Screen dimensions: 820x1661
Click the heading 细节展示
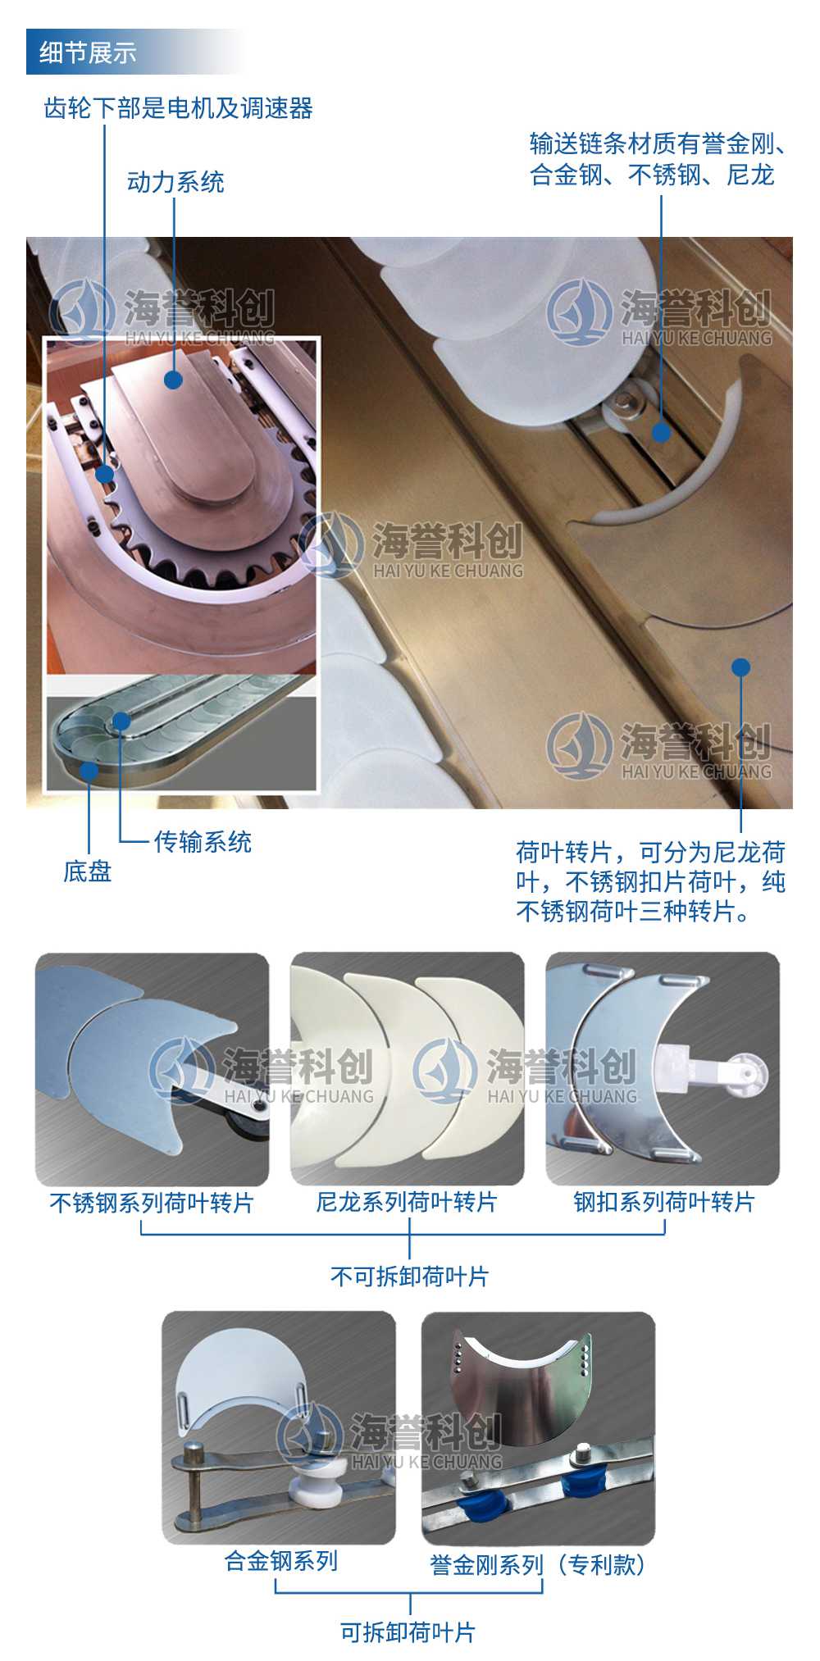coord(88,52)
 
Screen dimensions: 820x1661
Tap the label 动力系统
coord(175,182)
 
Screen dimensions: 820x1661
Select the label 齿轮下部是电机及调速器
coord(178,108)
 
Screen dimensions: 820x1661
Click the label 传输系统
coord(203,842)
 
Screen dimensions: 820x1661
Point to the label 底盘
coord(88,871)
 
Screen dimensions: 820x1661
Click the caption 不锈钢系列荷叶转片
coord(153,1203)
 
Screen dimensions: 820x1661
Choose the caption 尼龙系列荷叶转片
coord(408,1202)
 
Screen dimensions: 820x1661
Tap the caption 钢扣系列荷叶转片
coord(664,1202)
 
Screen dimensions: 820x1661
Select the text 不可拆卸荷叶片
coord(409,1276)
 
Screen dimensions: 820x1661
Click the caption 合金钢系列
coord(281,1560)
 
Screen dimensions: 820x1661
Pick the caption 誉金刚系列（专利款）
coord(538,1565)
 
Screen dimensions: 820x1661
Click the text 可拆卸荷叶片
coord(408,1632)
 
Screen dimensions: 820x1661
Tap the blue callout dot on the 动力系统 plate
coord(173,380)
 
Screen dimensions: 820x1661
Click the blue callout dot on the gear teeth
coord(105,474)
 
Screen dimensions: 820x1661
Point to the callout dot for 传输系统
coord(121,721)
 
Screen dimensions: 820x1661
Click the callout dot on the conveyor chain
coord(661,432)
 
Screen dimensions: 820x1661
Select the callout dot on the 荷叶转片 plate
coord(740,667)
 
